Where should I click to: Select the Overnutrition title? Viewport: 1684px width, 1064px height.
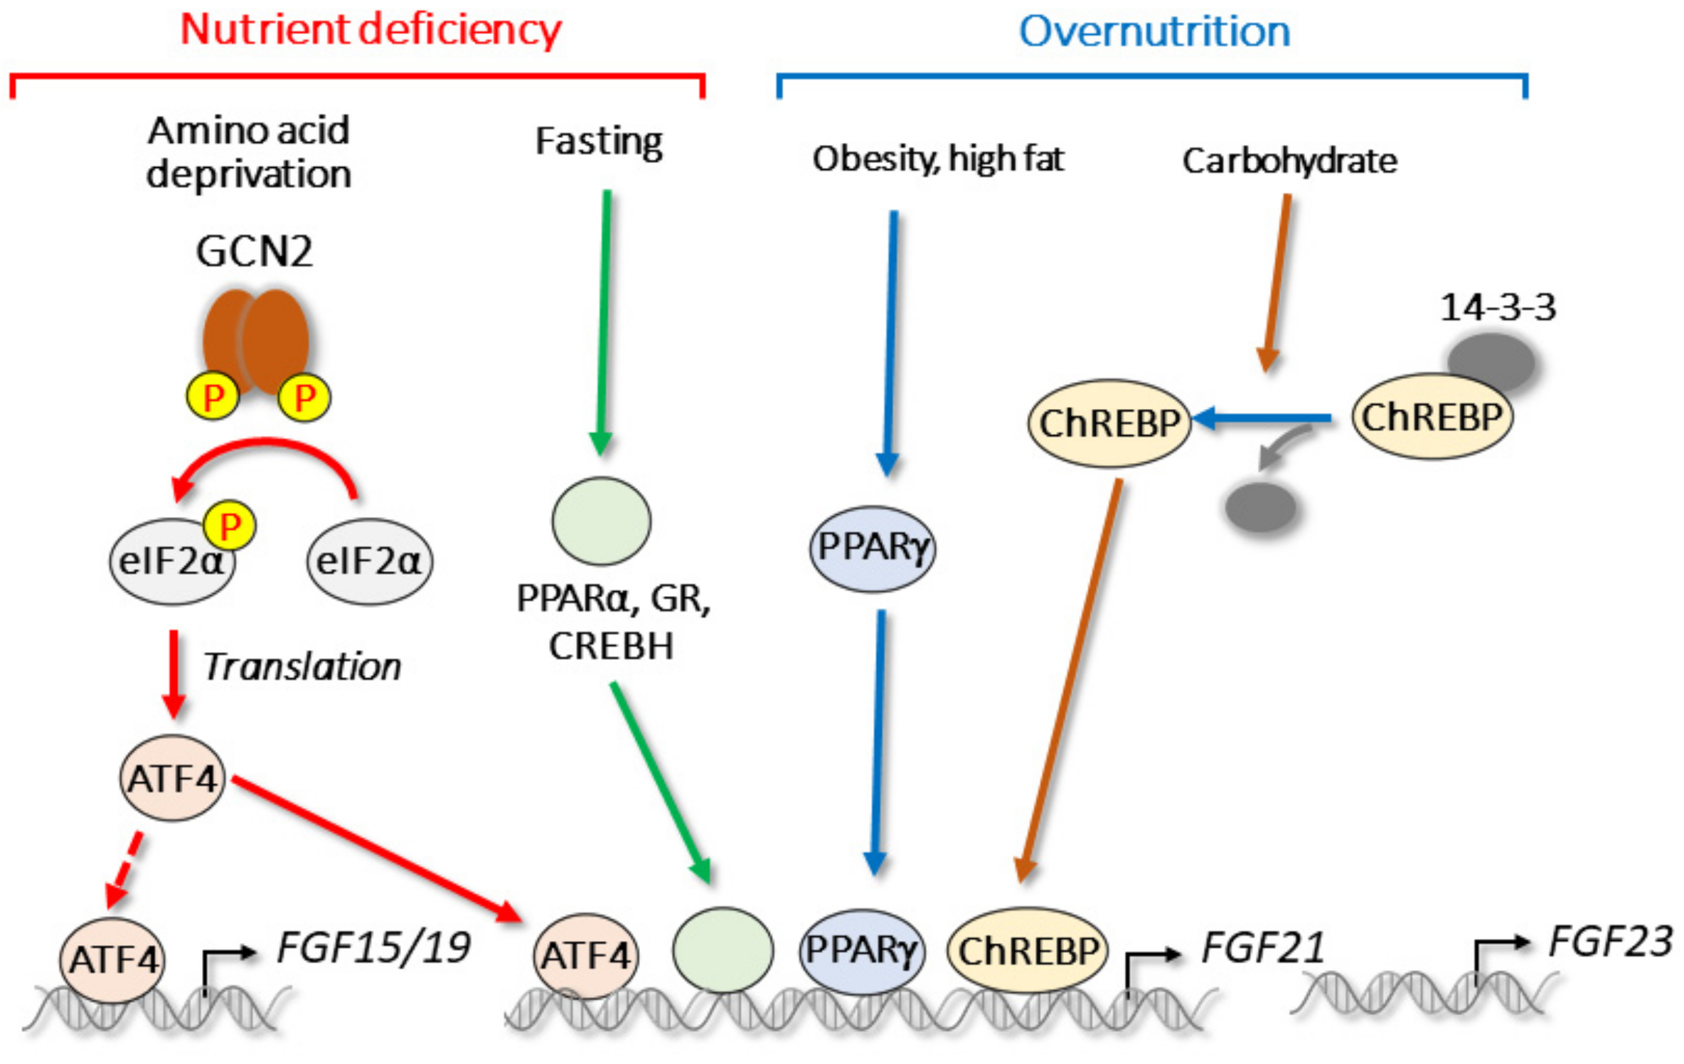[x=1154, y=32]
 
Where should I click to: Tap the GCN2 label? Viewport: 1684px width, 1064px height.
[x=254, y=252]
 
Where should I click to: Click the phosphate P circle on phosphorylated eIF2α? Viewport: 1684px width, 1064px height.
[x=229, y=526]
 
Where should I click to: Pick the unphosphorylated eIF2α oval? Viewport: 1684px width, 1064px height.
[x=369, y=561]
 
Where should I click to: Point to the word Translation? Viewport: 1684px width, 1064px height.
[x=302, y=667]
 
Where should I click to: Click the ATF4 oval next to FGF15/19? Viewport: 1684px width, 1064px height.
[x=112, y=960]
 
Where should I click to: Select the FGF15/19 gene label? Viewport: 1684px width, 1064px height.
[x=373, y=948]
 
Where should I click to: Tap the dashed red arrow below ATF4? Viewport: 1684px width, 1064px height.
[x=124, y=869]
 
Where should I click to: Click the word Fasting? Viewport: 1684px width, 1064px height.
[x=599, y=142]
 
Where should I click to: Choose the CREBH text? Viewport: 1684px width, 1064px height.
[x=611, y=647]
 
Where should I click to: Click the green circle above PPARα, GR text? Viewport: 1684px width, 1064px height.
[x=601, y=521]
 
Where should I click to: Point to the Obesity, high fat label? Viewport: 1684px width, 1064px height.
[x=938, y=159]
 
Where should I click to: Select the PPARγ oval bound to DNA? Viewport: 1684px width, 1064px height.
[x=861, y=950]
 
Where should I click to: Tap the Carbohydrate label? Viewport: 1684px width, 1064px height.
[x=1289, y=161]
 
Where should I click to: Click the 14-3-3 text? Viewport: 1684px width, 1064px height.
[x=1498, y=308]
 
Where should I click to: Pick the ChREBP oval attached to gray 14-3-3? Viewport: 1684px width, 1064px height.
[x=1432, y=417]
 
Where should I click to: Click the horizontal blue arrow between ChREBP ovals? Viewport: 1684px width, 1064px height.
[x=1262, y=419]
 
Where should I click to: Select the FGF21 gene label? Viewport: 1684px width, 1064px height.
[x=1262, y=948]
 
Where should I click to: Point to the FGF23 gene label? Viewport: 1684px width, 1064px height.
[x=1610, y=942]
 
